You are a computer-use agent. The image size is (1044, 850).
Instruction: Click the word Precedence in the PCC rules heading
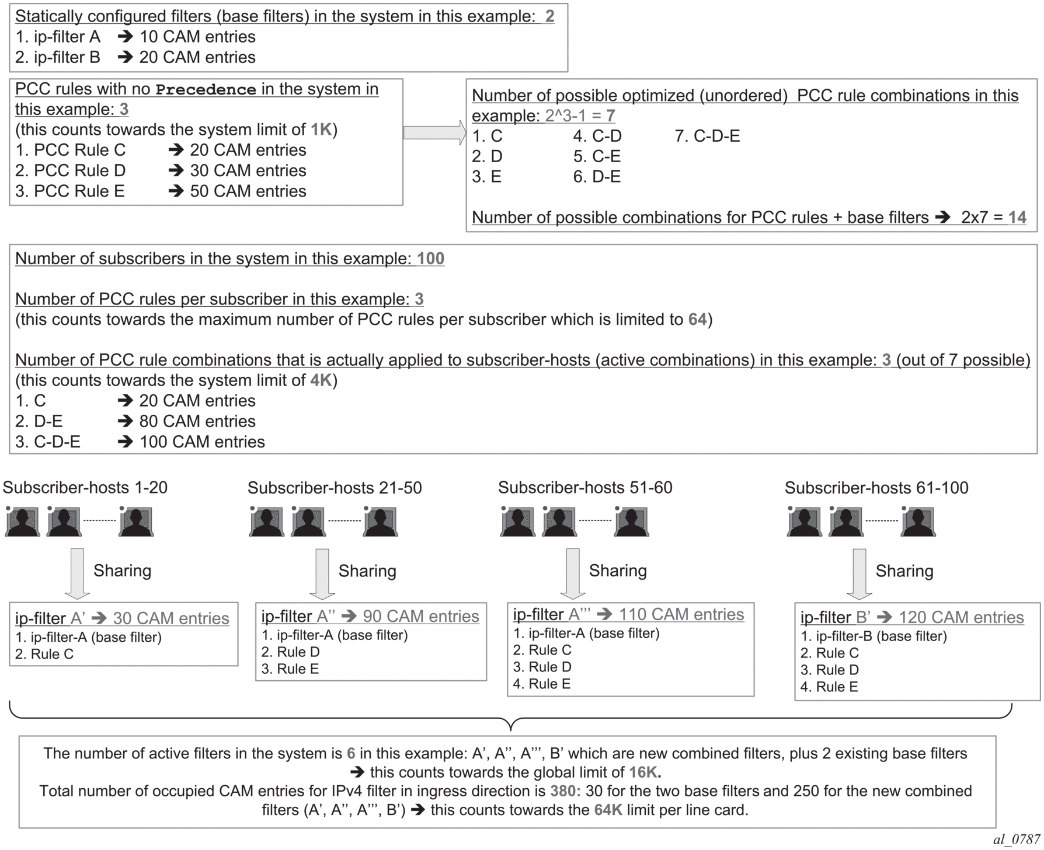206,89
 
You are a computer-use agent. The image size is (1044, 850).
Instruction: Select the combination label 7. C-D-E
707,136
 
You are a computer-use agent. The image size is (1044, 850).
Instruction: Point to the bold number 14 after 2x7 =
1017,218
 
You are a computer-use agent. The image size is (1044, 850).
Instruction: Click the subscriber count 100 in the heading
430,258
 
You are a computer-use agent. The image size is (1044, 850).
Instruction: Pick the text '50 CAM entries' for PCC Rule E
248,191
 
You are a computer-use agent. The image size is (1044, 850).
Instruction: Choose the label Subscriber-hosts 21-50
335,488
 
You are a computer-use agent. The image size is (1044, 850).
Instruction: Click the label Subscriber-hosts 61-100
876,488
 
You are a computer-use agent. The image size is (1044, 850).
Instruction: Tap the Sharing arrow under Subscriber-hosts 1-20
77,573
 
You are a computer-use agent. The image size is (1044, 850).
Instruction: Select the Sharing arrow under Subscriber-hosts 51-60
573,573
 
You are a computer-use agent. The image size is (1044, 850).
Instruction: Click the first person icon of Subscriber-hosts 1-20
22,521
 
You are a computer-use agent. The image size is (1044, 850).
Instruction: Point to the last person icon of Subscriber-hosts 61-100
918,521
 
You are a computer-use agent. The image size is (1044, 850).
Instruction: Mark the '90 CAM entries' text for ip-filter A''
420,617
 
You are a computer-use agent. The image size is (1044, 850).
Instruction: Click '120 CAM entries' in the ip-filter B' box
961,618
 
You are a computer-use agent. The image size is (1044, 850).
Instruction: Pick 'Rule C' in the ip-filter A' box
52,655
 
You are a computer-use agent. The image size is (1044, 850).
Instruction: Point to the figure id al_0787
1017,839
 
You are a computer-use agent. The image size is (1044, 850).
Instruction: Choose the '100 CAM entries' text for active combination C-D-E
202,442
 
